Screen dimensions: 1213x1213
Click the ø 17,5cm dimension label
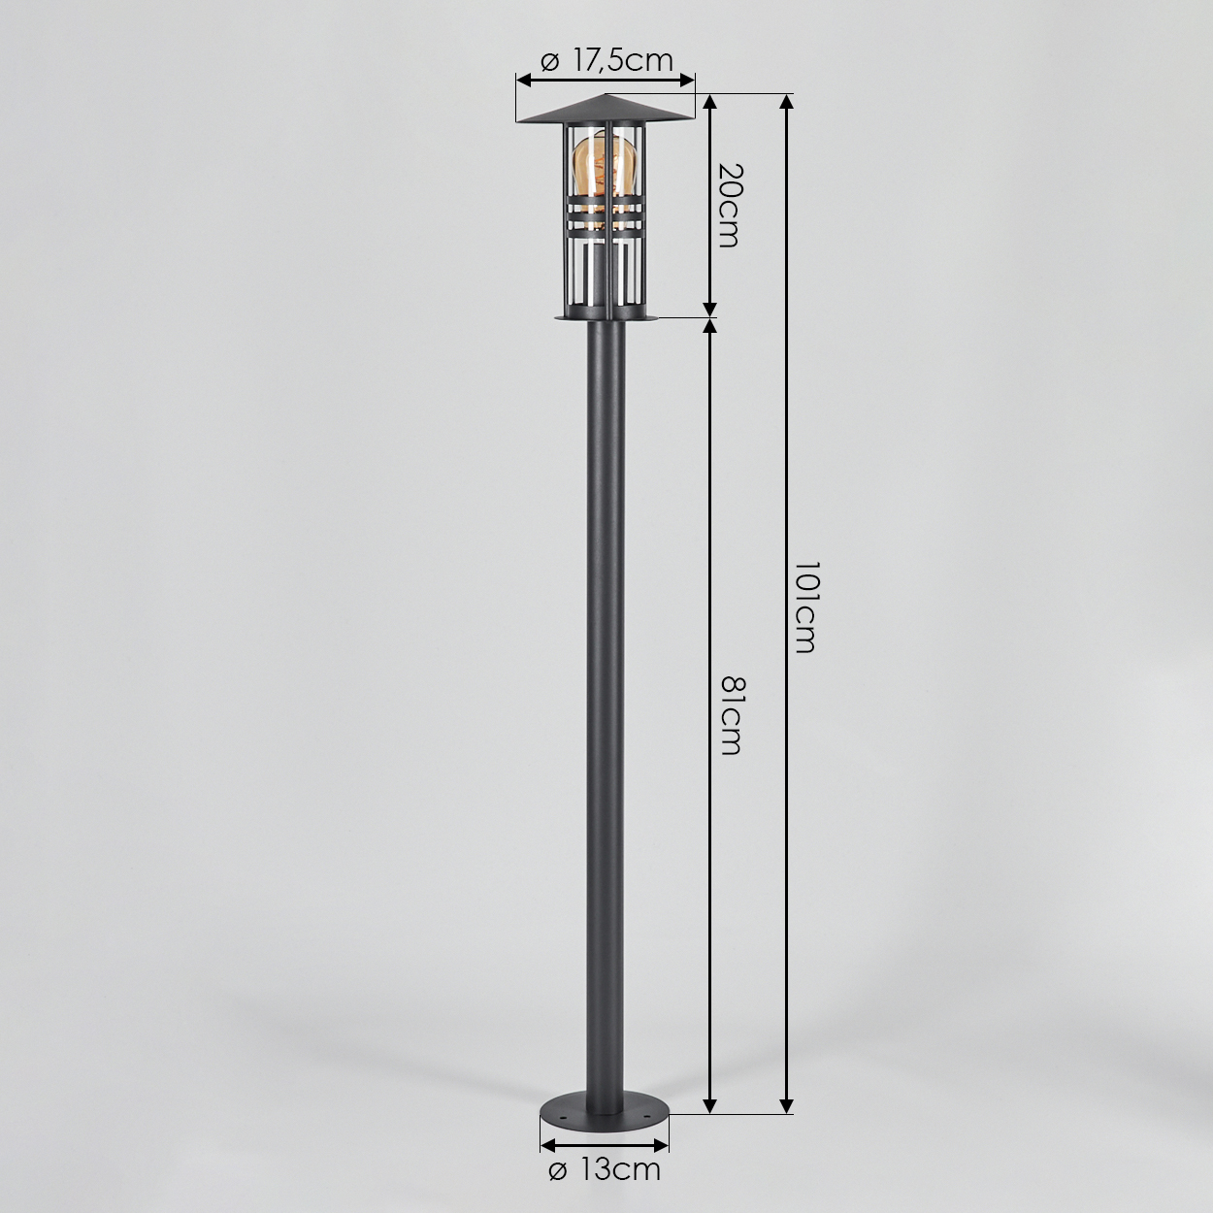coord(606,61)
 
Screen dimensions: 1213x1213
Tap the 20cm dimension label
coord(730,205)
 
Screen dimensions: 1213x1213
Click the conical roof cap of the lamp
coord(605,109)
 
